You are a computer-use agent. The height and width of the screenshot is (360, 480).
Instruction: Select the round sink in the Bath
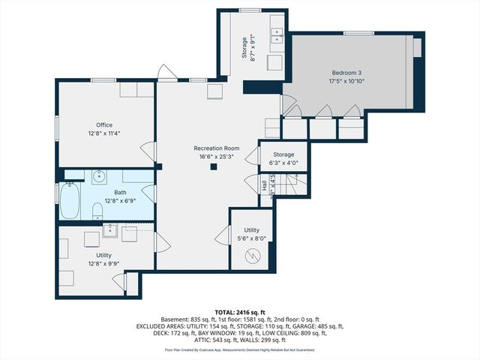click(x=99, y=178)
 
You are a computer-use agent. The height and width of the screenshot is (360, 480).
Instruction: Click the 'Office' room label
click(x=103, y=124)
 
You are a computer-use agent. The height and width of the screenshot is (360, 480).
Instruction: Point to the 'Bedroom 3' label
click(x=346, y=73)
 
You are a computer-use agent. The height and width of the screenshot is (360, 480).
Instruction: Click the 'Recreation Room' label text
click(x=216, y=148)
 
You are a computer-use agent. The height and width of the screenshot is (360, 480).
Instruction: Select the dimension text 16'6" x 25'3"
click(x=216, y=157)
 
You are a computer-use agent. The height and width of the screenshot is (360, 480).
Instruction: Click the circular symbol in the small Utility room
click(x=253, y=256)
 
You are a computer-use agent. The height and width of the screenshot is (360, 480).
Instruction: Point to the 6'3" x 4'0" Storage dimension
click(x=283, y=163)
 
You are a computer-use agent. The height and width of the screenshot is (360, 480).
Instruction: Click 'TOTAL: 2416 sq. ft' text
click(x=239, y=311)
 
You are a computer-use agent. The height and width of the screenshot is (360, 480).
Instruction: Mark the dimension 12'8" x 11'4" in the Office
click(x=103, y=133)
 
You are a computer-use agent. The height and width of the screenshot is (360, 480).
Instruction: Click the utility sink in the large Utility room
click(x=109, y=230)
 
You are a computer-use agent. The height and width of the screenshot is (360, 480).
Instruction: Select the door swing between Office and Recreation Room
click(x=150, y=150)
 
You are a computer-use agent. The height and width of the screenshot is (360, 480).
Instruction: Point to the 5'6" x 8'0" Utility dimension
click(x=251, y=238)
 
